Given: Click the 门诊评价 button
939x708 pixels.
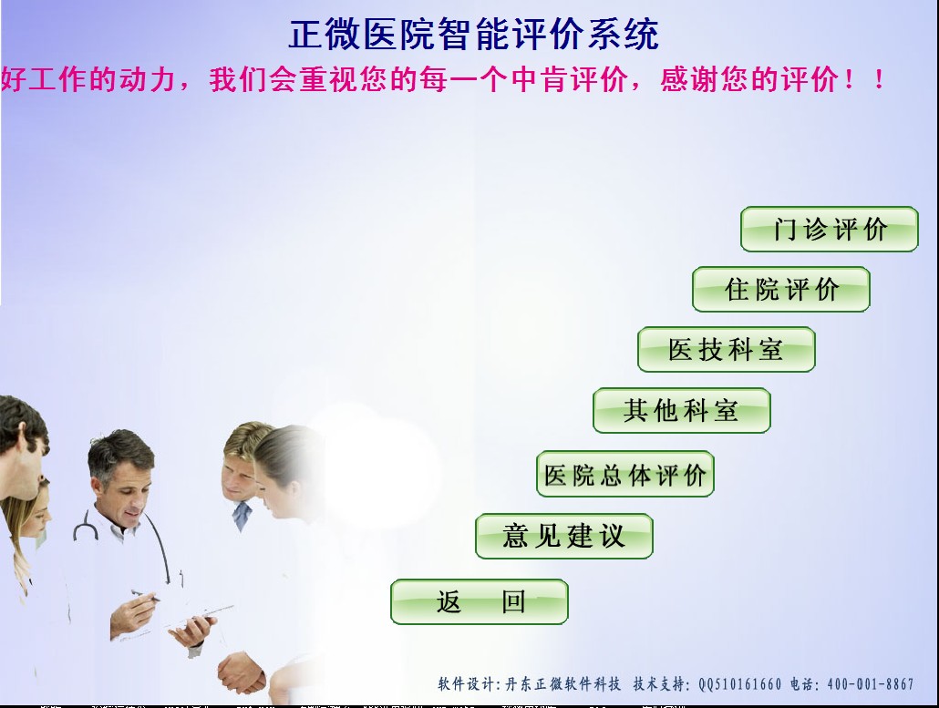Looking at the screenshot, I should tap(829, 230).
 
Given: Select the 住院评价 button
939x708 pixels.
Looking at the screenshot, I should tap(780, 290).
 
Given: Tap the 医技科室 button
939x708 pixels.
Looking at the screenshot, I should tap(726, 350).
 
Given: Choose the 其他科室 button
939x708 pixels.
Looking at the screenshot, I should tap(681, 411).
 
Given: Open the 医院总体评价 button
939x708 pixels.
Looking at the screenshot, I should tap(624, 474).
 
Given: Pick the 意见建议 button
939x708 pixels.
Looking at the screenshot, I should tap(563, 536).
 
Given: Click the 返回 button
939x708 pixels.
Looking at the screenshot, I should tap(480, 602).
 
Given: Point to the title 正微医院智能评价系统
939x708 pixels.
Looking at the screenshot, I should tap(472, 35).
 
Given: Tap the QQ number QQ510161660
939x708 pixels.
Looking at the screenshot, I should tap(739, 683).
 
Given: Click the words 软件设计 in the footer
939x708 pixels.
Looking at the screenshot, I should tap(468, 683).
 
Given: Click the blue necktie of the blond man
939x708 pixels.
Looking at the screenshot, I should tap(242, 517).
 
